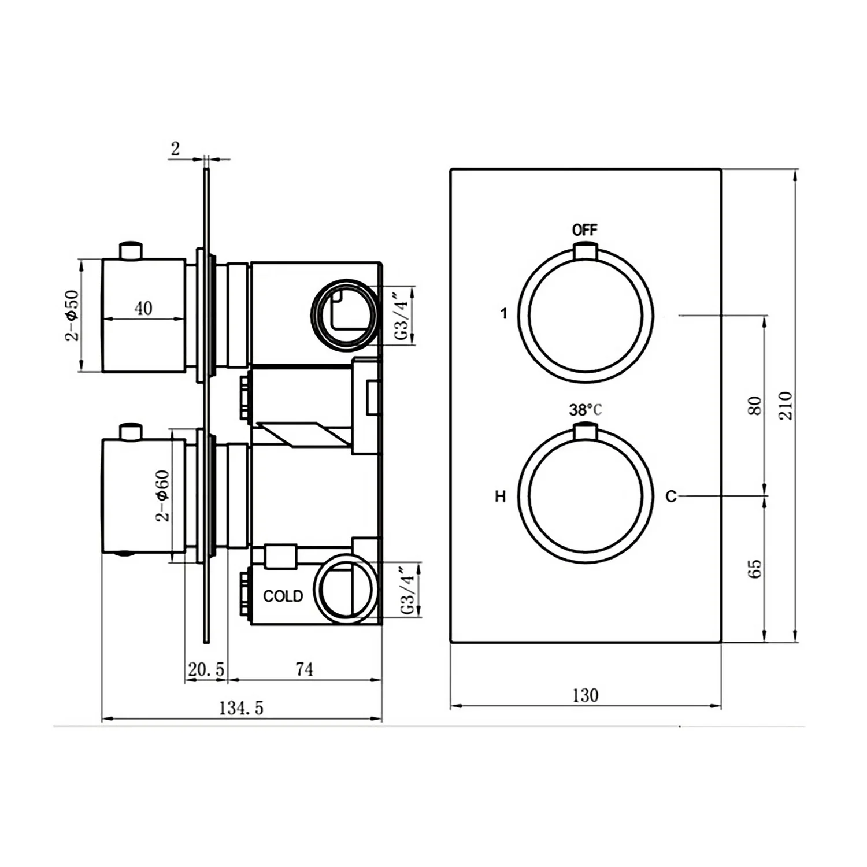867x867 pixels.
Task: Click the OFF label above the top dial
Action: pyautogui.click(x=584, y=230)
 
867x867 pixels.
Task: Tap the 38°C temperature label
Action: pyautogui.click(x=585, y=410)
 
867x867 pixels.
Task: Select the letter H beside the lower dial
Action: pyautogui.click(x=501, y=497)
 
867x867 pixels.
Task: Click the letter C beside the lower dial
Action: pyautogui.click(x=670, y=497)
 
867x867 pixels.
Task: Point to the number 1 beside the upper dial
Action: pyautogui.click(x=504, y=314)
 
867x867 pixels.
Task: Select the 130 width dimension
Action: pyautogui.click(x=585, y=695)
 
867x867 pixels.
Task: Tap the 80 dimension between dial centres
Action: pyautogui.click(x=755, y=405)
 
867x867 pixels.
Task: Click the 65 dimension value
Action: pyautogui.click(x=755, y=569)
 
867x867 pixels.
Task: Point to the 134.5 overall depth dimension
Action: pyautogui.click(x=241, y=708)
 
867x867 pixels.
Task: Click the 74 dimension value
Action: pyautogui.click(x=304, y=669)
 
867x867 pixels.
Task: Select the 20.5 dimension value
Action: pyautogui.click(x=206, y=670)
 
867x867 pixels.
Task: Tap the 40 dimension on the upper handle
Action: pyautogui.click(x=143, y=308)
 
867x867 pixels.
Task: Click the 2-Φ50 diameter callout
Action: pyautogui.click(x=72, y=315)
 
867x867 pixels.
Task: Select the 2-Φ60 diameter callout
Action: pyautogui.click(x=163, y=496)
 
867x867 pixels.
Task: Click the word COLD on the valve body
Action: pyautogui.click(x=283, y=596)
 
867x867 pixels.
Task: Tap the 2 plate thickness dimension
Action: pyautogui.click(x=175, y=149)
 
